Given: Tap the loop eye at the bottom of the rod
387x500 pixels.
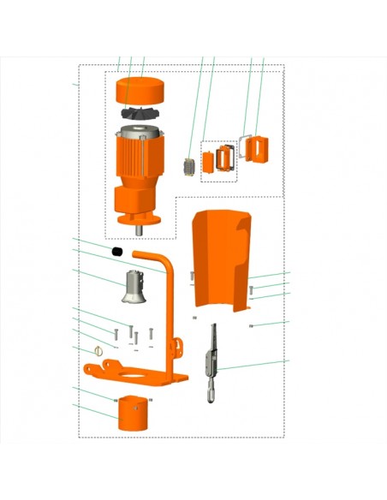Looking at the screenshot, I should click(x=211, y=395).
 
